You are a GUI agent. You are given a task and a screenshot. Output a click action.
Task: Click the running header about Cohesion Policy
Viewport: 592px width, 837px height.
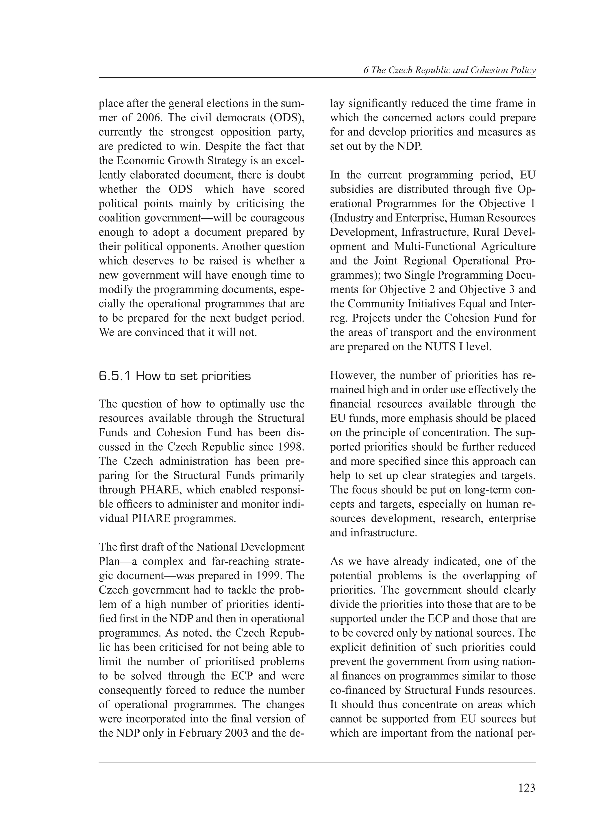[449, 70]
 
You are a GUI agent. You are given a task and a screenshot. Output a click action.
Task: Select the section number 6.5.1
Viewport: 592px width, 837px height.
[114, 376]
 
